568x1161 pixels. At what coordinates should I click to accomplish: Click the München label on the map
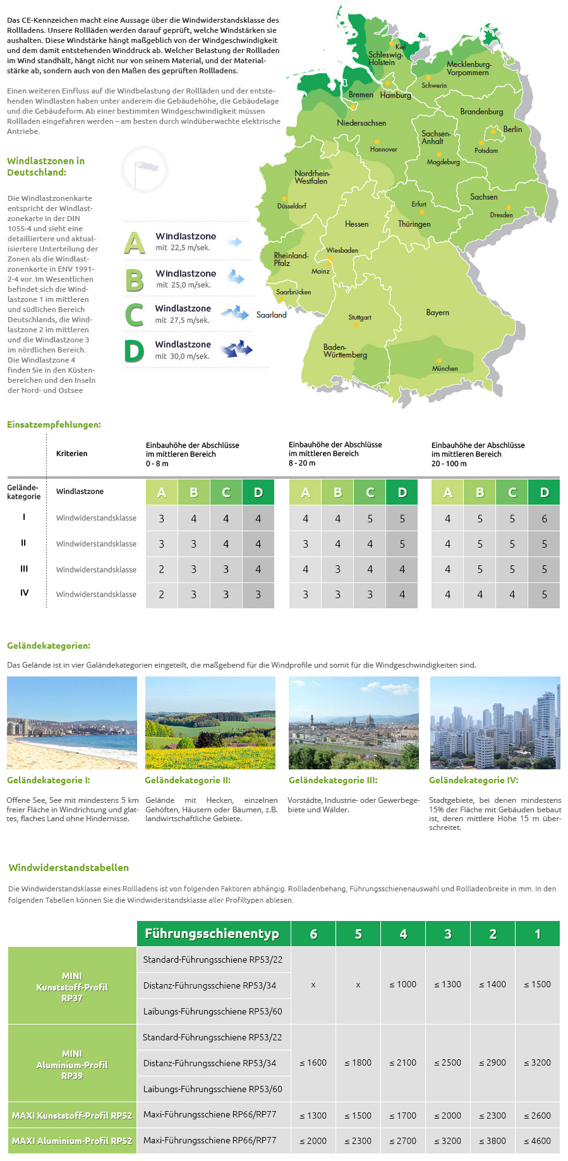click(445, 368)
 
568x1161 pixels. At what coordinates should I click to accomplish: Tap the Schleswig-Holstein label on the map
click(385, 58)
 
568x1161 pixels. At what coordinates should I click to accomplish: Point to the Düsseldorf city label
click(291, 206)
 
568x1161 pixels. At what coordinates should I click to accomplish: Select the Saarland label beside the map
click(272, 315)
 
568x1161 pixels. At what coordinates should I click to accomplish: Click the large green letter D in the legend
click(134, 351)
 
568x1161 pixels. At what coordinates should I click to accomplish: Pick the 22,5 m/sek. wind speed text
click(183, 248)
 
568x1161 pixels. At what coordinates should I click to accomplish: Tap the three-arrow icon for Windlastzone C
click(234, 312)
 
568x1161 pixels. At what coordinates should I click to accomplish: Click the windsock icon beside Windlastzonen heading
click(145, 169)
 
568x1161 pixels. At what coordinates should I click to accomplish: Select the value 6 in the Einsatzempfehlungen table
click(544, 519)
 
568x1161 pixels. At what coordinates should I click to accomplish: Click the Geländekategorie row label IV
click(24, 593)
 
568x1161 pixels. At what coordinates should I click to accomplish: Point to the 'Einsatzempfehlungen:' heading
click(54, 424)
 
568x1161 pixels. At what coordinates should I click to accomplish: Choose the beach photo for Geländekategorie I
click(72, 723)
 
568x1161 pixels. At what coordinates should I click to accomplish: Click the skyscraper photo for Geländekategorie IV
click(495, 723)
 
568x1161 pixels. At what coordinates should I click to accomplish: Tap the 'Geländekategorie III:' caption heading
click(333, 780)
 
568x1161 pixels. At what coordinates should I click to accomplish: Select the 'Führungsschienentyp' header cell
click(212, 934)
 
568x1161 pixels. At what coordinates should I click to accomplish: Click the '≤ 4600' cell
click(537, 1141)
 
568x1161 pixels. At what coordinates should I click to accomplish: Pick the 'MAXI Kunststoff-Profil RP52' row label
click(72, 1116)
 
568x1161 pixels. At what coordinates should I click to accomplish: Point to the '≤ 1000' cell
click(402, 984)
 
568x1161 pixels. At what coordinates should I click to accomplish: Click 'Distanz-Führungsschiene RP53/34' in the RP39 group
click(210, 1063)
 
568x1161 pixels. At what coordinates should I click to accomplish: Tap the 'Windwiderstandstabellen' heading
click(69, 868)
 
